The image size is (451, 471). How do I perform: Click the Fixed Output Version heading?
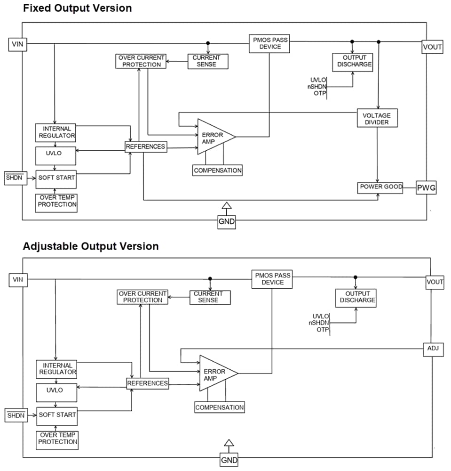pyautogui.click(x=78, y=8)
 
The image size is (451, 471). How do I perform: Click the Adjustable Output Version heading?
pyautogui.click(x=91, y=246)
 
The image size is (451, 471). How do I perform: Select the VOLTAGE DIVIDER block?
pyautogui.click(x=377, y=118)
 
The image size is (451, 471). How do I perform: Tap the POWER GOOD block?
pyautogui.click(x=380, y=187)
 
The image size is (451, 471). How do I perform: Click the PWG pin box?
pyautogui.click(x=426, y=188)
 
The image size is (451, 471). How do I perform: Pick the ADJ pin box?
pyautogui.click(x=433, y=349)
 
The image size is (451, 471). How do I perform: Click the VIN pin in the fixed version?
pyautogui.click(x=18, y=45)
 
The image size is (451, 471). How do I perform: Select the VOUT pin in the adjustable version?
pyautogui.click(x=435, y=282)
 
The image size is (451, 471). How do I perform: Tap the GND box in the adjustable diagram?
pyautogui.click(x=229, y=460)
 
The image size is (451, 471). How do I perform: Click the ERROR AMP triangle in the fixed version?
pyautogui.click(x=213, y=137)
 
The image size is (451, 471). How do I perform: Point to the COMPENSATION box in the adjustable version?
pyautogui.click(x=220, y=407)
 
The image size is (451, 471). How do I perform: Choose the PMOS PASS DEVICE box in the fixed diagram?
pyautogui.click(x=269, y=43)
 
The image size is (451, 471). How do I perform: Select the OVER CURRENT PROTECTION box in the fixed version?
pyautogui.click(x=141, y=61)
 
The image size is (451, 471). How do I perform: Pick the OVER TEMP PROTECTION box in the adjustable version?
pyautogui.click(x=58, y=438)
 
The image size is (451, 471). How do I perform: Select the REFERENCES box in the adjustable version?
pyautogui.click(x=148, y=383)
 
